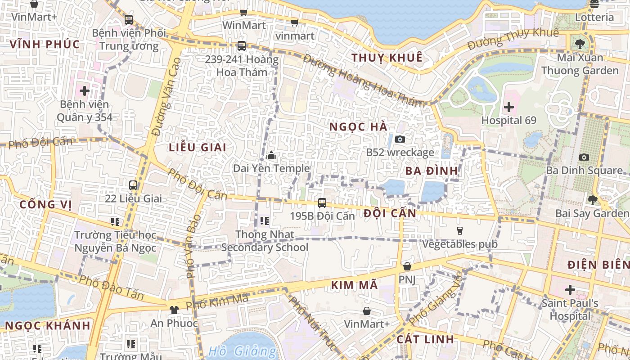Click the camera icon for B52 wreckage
point(400,139)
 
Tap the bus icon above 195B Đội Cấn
point(322,202)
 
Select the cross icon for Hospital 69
point(509,107)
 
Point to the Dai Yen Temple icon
point(271,156)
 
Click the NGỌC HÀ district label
point(358,127)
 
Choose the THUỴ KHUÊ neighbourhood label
point(387,58)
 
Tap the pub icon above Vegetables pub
point(459,231)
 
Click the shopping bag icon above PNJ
point(407,266)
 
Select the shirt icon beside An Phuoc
point(174,310)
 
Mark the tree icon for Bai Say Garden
point(593,200)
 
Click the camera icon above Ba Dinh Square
point(584,157)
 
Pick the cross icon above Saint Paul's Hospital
point(570,289)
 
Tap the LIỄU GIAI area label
point(198,147)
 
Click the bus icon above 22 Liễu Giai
point(133,185)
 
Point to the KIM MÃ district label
point(354,285)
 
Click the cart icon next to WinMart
point(243,12)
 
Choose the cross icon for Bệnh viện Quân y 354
point(85,91)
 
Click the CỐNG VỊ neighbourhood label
point(45,204)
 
